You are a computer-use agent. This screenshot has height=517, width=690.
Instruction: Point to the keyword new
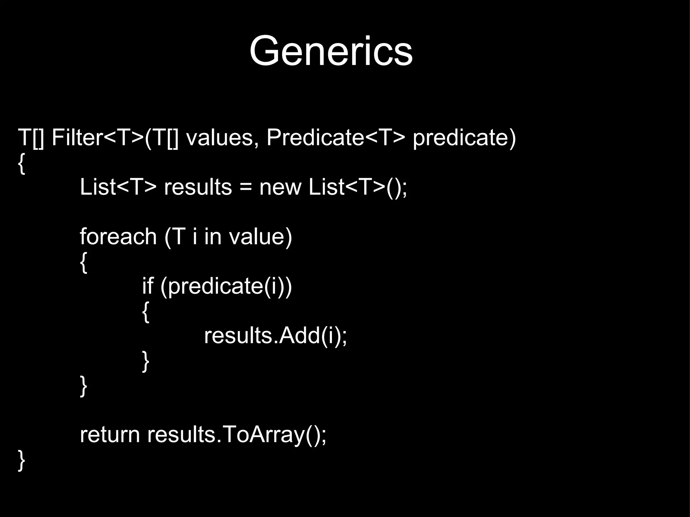click(x=280, y=187)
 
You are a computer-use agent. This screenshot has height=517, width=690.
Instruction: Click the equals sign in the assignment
click(x=246, y=187)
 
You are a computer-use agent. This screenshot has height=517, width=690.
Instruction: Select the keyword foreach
click(x=118, y=236)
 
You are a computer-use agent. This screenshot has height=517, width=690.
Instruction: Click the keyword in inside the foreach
click(x=213, y=236)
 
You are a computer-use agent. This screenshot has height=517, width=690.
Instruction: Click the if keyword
click(x=147, y=286)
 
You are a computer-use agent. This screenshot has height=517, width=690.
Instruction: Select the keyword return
click(x=109, y=435)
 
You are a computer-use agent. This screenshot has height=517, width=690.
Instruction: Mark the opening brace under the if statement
click(x=145, y=312)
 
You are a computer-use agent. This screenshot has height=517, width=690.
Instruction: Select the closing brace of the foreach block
click(x=83, y=386)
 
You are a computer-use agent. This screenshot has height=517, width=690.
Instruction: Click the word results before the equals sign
click(x=198, y=187)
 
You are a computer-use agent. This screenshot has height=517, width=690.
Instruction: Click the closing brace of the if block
click(x=145, y=361)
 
